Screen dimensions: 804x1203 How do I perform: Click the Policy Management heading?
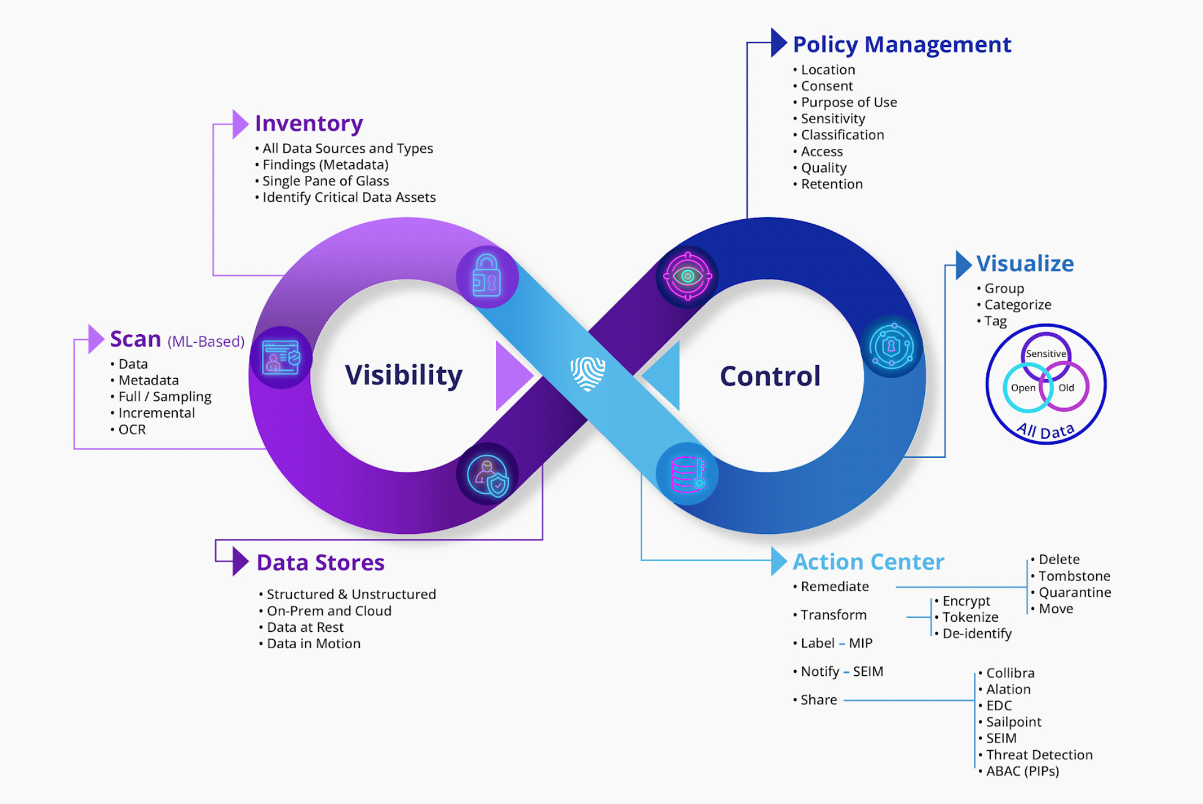[x=902, y=45]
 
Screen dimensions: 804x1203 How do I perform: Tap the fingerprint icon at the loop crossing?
[x=588, y=373]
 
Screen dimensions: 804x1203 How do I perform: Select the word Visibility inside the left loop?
[x=404, y=375]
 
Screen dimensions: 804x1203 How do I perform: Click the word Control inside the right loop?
[x=770, y=376]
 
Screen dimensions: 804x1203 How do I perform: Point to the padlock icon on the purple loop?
[x=487, y=276]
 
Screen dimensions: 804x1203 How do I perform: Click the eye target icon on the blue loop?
[x=688, y=276]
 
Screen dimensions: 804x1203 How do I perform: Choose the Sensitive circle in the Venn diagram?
[x=1045, y=354]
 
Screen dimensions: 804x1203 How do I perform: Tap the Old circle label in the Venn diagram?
[x=1066, y=388]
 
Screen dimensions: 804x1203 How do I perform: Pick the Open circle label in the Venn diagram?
[x=1023, y=388]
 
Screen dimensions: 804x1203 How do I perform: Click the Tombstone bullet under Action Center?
[x=1074, y=576]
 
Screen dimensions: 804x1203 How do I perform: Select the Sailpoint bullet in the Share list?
[x=1013, y=722]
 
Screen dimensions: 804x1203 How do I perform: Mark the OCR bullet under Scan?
[x=132, y=430]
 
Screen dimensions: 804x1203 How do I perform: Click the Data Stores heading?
[x=320, y=563]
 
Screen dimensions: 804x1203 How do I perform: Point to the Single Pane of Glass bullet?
[x=325, y=181]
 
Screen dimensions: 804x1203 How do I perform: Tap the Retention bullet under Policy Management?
[x=831, y=184]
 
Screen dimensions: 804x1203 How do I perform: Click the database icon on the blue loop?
[x=688, y=474]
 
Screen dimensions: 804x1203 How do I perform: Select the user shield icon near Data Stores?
[x=488, y=475]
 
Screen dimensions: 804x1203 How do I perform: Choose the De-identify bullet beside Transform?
[x=976, y=633]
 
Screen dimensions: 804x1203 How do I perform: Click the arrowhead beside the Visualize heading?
[x=963, y=264]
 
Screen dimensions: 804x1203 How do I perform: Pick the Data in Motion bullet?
[x=313, y=643]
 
